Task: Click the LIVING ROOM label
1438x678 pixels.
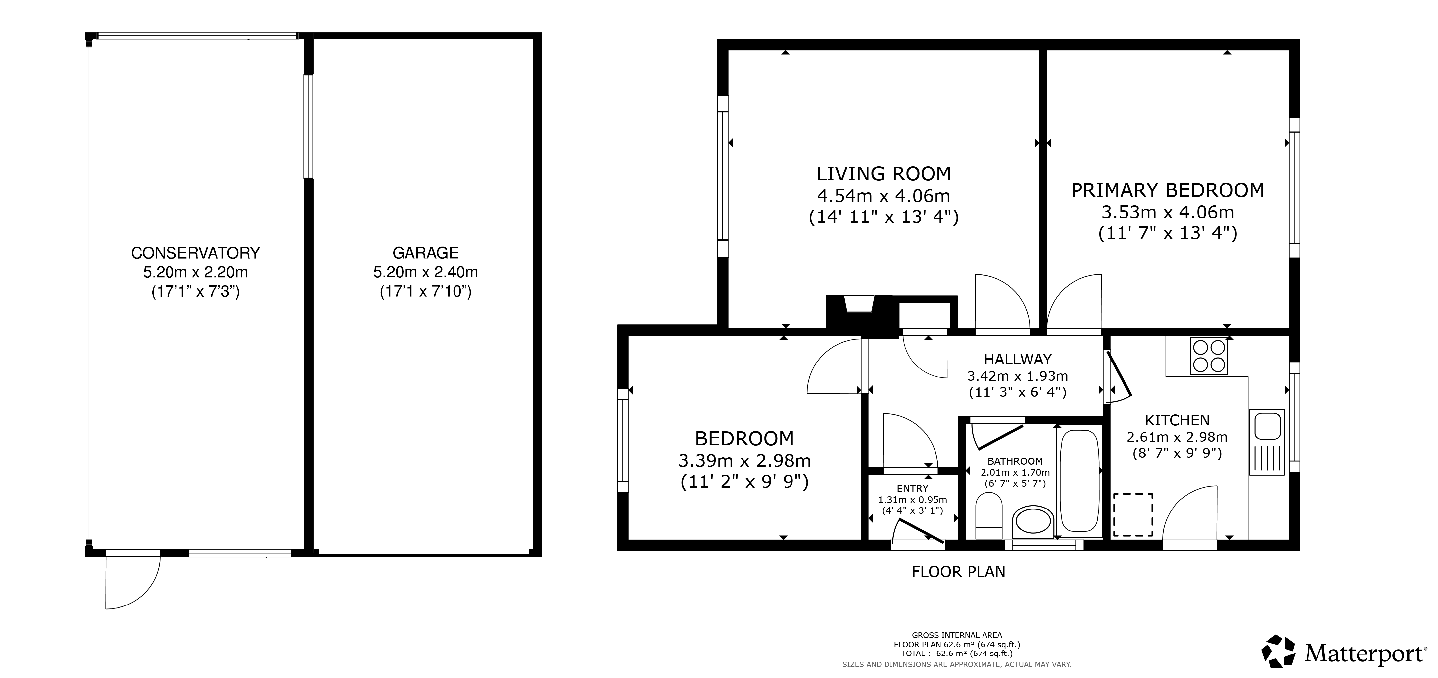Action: (884, 174)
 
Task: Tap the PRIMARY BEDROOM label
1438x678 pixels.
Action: (1167, 190)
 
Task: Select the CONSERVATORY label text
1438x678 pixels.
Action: (195, 253)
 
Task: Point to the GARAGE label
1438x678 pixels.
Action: (425, 253)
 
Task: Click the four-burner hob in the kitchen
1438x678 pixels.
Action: (1209, 356)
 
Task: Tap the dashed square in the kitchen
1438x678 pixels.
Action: (1133, 514)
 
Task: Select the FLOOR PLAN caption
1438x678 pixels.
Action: (958, 572)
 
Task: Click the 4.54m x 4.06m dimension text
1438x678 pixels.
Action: (884, 196)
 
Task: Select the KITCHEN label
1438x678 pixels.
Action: (1177, 420)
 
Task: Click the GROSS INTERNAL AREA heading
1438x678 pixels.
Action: (957, 635)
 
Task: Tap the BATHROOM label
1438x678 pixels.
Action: (1015, 461)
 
